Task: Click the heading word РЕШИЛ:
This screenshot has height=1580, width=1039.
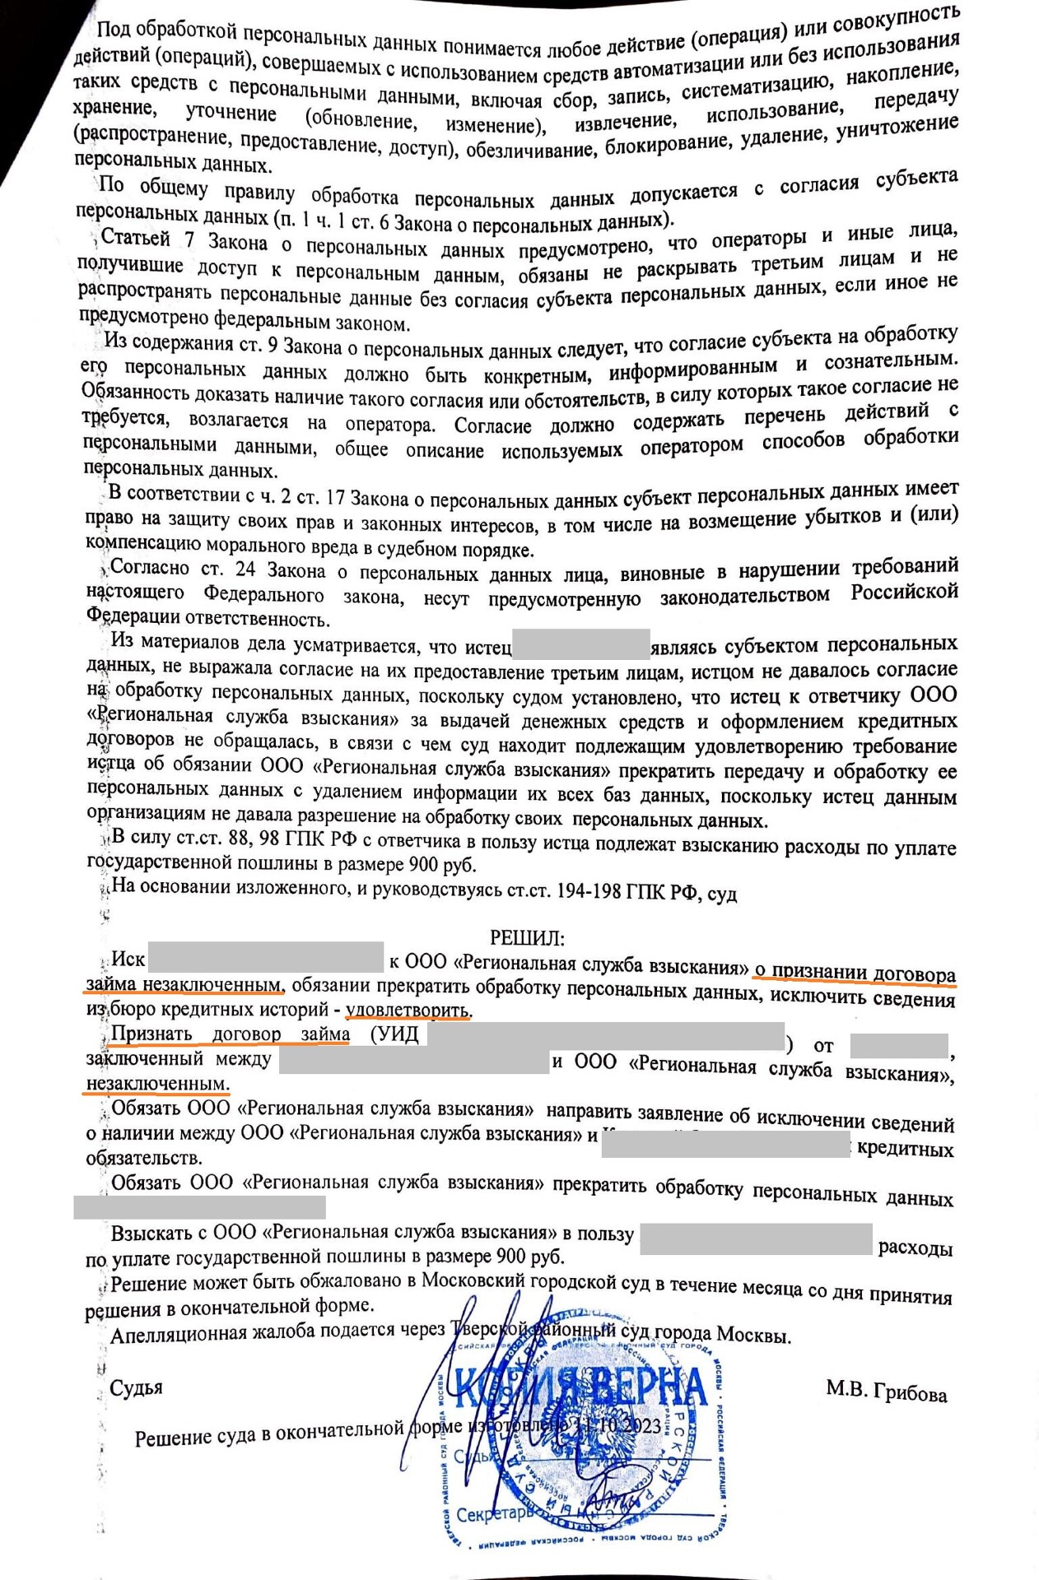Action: (527, 937)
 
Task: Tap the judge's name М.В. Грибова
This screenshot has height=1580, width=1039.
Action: (887, 1391)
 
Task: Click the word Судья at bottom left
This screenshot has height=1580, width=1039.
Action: (136, 1387)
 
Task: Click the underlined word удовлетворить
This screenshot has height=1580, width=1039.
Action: (408, 1010)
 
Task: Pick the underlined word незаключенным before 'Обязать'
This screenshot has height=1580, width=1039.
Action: (157, 1083)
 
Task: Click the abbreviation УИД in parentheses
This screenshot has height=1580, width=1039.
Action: (398, 1035)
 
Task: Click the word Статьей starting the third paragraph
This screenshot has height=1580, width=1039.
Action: (136, 239)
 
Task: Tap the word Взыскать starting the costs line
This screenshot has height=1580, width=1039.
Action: (151, 1234)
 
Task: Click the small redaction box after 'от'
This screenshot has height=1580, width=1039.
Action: (898, 1045)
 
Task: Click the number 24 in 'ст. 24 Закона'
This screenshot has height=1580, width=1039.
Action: (245, 569)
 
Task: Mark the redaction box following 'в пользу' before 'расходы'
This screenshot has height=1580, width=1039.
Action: (755, 1238)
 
